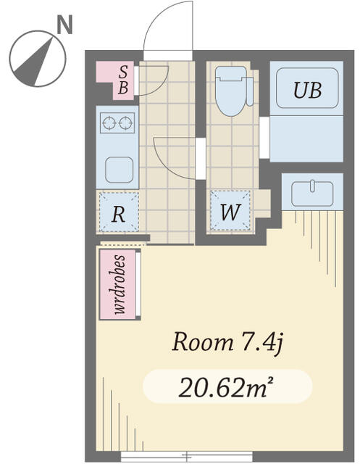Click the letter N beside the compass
pos(64,25)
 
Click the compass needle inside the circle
pos(34,63)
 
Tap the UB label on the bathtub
pos(307,90)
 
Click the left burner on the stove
pos(109,123)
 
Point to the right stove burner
pos(125,123)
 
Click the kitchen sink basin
pos(120,170)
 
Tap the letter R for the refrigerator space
pos(118,214)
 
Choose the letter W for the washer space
pos(230,212)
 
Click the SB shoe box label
pos(123,80)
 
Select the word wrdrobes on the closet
pos(120,284)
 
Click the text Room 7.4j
pos(227,343)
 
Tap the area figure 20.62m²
pos(226,387)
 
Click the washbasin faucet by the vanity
pos(312,186)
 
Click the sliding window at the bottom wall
pos(186,456)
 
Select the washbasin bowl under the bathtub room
pos(312,194)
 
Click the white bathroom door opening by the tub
pos(264,138)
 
